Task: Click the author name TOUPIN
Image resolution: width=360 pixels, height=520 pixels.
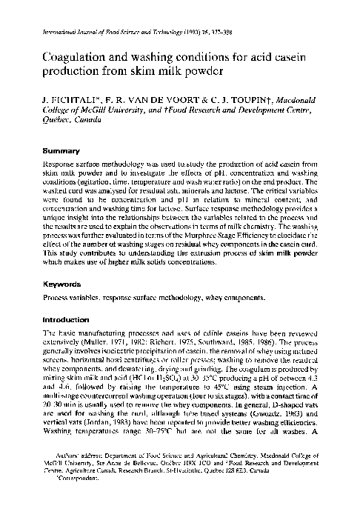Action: (x=228, y=99)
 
